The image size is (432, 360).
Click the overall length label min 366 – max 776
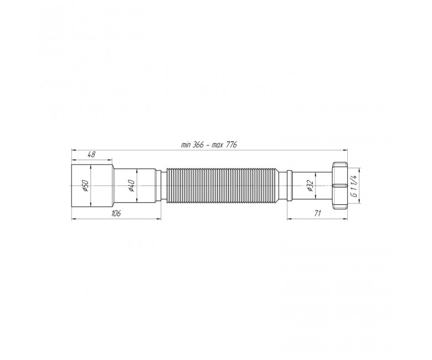tap(209, 145)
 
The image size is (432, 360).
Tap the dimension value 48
tap(91, 155)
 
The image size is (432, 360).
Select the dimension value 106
tap(116, 213)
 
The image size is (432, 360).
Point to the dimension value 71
tap(317, 213)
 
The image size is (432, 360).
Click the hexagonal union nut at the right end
tap(340, 186)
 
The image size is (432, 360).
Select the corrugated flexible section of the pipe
tap(223, 186)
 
